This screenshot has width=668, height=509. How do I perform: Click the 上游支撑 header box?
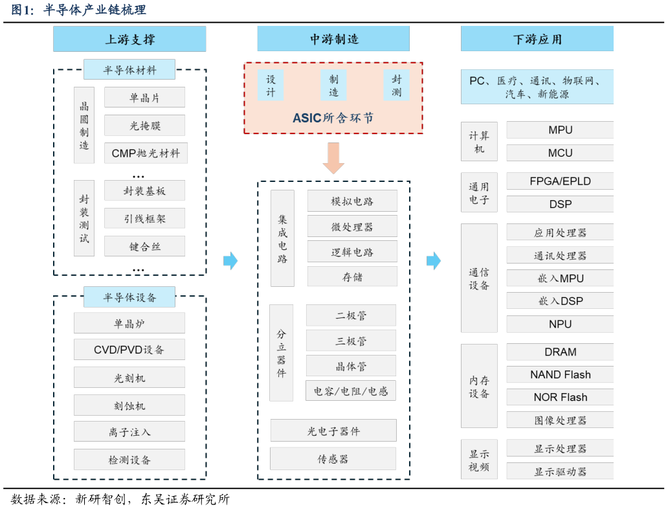tap(129, 39)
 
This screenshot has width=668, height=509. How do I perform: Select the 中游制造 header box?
tap(333, 39)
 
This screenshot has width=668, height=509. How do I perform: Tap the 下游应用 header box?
tap(537, 39)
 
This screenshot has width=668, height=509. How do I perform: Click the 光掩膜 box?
tap(144, 126)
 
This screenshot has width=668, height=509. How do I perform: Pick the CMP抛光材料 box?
tap(146, 153)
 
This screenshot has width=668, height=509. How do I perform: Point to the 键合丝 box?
tap(144, 246)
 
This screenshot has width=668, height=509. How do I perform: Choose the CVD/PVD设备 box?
tap(129, 350)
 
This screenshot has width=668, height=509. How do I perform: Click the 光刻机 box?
tap(129, 378)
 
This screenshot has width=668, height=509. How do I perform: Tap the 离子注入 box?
tap(129, 431)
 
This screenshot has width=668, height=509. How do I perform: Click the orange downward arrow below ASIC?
tap(333, 158)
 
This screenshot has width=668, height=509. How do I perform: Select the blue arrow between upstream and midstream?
tap(230, 261)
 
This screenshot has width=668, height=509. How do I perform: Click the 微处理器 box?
tap(352, 227)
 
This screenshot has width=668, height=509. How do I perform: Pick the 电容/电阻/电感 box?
tap(350, 391)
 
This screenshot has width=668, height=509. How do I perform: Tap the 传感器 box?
tap(333, 458)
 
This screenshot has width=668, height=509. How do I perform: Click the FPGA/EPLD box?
tap(560, 181)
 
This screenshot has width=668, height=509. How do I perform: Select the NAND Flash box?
tap(560, 374)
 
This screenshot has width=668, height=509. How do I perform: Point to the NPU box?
tap(560, 324)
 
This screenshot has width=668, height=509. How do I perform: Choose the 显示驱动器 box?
tap(560, 471)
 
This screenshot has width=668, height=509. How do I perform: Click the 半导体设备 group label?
tap(129, 297)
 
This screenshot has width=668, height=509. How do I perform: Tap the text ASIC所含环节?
tap(333, 118)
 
